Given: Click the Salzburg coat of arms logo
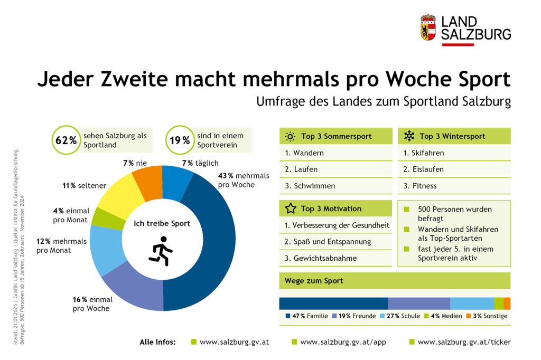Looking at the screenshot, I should pyautogui.click(x=427, y=27).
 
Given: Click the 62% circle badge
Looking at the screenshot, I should pyautogui.click(x=66, y=141).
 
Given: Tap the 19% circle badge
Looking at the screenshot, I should pyautogui.click(x=180, y=141).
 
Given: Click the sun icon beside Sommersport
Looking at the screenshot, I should pyautogui.click(x=290, y=136).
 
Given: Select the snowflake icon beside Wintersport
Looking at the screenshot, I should pyautogui.click(x=409, y=136).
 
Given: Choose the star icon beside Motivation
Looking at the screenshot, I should pyautogui.click(x=291, y=209).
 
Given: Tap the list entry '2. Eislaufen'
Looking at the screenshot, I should pyautogui.click(x=423, y=169).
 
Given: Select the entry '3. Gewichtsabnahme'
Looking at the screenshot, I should pyautogui.click(x=321, y=258).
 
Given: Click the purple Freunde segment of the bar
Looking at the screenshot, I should pyautogui.click(x=419, y=304).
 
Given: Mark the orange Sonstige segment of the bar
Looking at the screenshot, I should pyautogui.click(x=507, y=304).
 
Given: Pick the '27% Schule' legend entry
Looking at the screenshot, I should pyautogui.click(x=392, y=316).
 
